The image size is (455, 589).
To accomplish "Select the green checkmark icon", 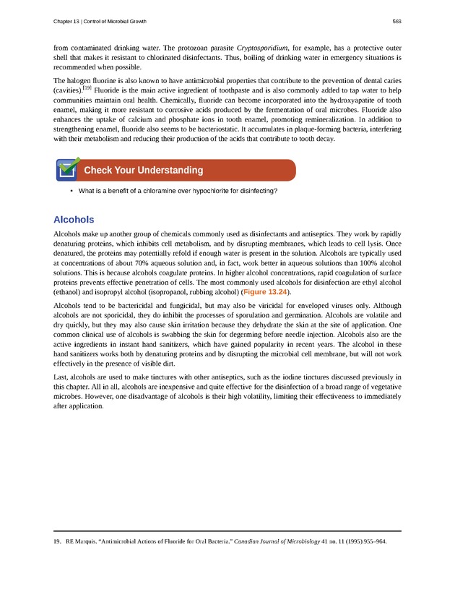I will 67,169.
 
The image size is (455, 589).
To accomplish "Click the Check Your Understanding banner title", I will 143,171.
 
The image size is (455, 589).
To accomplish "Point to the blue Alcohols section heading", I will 74,219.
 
